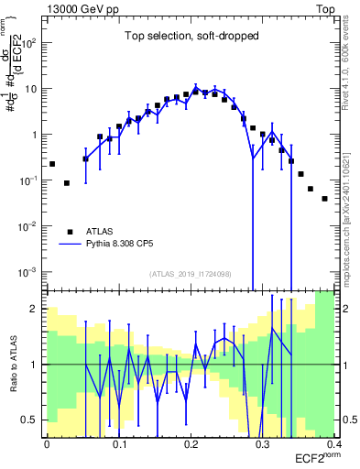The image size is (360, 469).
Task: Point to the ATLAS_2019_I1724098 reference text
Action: click(191, 273)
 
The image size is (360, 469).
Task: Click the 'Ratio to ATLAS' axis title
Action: click(14, 365)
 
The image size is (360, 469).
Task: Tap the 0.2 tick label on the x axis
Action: click(191, 444)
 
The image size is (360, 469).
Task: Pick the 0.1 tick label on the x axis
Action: click(119, 444)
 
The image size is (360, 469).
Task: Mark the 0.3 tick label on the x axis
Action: click(263, 444)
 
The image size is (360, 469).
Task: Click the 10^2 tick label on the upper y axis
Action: click(28, 43)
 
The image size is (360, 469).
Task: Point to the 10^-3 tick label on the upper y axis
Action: click(28, 272)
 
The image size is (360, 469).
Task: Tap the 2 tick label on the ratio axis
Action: click(38, 309)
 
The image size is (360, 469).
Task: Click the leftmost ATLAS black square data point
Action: click(52, 164)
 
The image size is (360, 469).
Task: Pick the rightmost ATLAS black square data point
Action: click(324, 198)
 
